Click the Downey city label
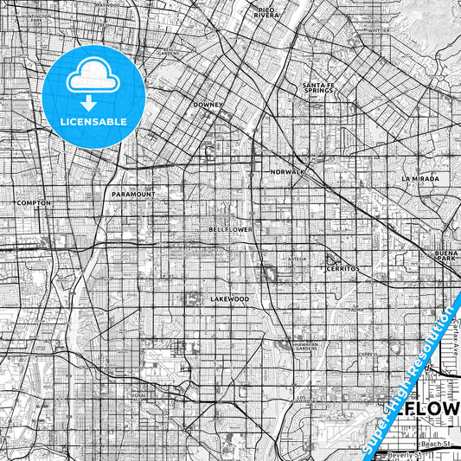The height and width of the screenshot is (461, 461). [208, 105]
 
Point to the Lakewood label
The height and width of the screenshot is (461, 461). [229, 298]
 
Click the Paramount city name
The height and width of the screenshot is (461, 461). [133, 195]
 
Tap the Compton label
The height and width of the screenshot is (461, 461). [34, 202]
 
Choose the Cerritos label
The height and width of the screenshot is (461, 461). [343, 269]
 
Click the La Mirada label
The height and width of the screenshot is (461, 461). [419, 178]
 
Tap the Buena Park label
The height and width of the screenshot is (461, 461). [448, 255]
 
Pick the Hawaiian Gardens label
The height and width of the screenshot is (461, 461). [294, 345]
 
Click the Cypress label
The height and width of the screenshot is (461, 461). [368, 354]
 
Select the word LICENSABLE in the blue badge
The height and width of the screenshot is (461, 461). [93, 122]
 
